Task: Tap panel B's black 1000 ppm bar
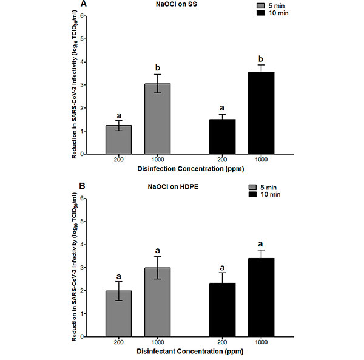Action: (261, 297)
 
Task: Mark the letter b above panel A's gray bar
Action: (157, 67)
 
